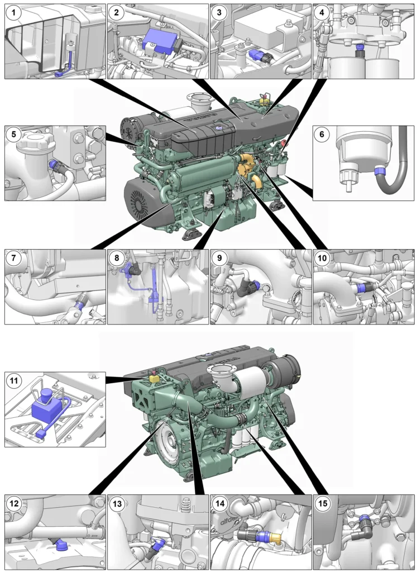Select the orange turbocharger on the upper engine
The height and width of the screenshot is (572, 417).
247,169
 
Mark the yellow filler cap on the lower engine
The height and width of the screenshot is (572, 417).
154,378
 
